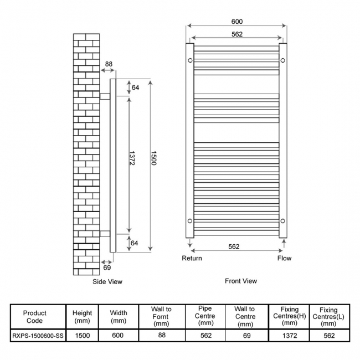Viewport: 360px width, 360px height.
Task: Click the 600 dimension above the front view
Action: [237, 22]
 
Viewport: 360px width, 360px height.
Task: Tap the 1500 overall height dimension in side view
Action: [153, 158]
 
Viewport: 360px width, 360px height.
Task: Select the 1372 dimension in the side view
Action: [132, 158]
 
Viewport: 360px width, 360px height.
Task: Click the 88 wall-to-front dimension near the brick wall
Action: [109, 64]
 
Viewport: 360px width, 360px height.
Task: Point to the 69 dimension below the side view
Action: [107, 268]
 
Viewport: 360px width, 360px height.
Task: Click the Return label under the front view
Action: [192, 258]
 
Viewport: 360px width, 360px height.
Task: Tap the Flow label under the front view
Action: [284, 258]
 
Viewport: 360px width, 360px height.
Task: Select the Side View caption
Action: [107, 282]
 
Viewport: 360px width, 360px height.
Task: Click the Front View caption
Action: [241, 281]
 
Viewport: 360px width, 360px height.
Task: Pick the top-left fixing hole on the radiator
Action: [190, 60]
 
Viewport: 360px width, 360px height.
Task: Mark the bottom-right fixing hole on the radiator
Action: [283, 221]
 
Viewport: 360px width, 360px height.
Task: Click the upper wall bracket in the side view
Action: [105, 96]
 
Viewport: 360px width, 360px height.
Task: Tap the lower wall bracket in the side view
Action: [105, 234]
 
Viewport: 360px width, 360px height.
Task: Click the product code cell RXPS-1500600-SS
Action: [38, 336]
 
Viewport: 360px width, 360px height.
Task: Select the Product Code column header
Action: [35, 317]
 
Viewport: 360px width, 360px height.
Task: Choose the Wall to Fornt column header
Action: [161, 317]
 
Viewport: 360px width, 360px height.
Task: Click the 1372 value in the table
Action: [290, 336]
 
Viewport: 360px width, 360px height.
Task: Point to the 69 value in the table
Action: [246, 336]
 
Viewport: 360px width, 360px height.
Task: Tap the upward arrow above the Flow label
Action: [284, 244]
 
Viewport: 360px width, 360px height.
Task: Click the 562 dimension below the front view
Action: [234, 246]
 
